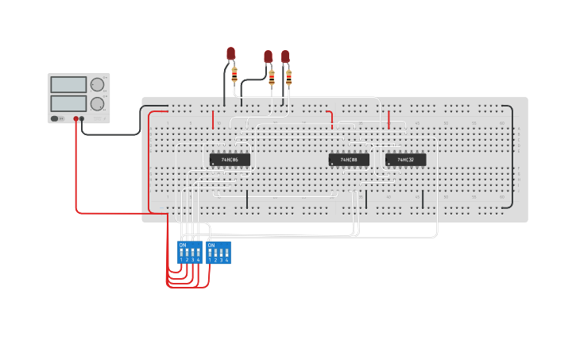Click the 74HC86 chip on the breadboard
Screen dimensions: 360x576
pos(230,160)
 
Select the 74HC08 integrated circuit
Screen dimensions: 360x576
pos(349,160)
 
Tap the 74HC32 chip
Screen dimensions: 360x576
pos(405,160)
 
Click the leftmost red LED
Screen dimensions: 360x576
pos(231,53)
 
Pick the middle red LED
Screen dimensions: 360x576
pos(268,56)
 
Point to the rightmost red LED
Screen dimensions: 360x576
pos(285,56)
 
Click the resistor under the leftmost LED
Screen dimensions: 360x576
pos(234,75)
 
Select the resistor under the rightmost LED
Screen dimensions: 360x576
pos(288,77)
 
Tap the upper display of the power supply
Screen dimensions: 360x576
pos(68,84)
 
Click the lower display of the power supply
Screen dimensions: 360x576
pos(68,103)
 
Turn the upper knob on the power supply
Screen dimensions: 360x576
pos(98,84)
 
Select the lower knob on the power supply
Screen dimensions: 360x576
pos(98,103)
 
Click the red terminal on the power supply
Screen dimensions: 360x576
pos(76,119)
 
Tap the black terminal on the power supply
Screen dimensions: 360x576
pos(83,119)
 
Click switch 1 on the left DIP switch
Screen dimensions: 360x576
pos(181,253)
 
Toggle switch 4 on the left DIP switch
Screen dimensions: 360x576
pos(199,253)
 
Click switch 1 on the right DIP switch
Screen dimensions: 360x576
pos(210,253)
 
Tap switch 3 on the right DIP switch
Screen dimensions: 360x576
pos(222,253)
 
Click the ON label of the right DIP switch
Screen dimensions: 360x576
pos(211,245)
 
